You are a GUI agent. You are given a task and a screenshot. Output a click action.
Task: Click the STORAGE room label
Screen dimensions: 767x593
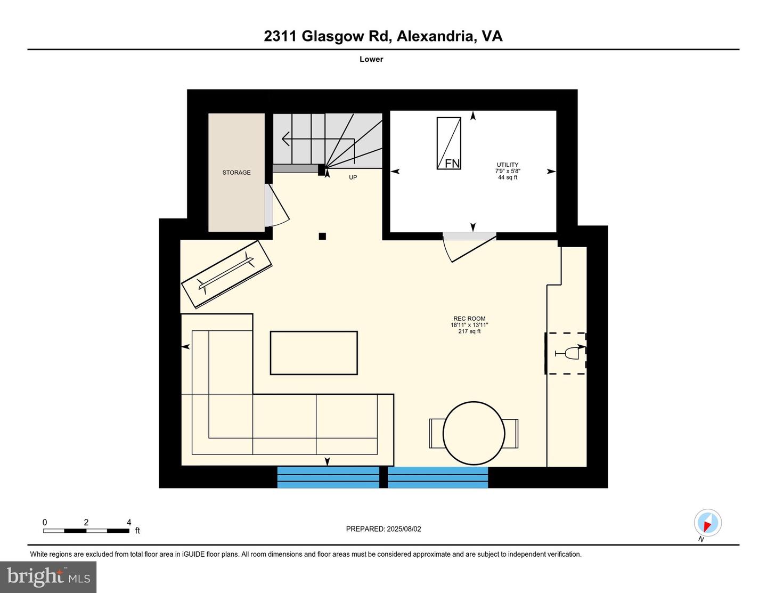click(x=236, y=172)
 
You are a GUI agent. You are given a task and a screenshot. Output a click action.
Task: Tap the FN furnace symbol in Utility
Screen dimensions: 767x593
click(x=448, y=143)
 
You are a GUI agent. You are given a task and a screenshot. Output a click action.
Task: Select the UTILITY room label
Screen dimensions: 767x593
click(x=507, y=165)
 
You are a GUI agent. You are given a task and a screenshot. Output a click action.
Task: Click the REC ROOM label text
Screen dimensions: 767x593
click(x=469, y=319)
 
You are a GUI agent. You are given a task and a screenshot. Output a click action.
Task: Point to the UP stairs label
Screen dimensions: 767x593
click(x=353, y=177)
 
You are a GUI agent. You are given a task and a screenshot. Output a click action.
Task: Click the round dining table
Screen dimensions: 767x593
click(x=474, y=433)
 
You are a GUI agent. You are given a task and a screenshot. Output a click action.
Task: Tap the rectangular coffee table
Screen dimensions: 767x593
click(x=314, y=353)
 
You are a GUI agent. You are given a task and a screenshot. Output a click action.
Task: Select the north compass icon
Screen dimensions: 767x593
click(x=708, y=523)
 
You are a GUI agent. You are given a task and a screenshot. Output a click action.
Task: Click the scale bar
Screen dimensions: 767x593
click(x=86, y=531)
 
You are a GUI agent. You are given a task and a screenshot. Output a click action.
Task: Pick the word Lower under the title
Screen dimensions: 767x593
click(x=371, y=59)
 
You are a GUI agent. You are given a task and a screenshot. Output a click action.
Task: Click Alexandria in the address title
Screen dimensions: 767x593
click(x=435, y=36)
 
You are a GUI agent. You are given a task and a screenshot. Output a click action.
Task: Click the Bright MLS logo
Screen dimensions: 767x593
click(x=48, y=577)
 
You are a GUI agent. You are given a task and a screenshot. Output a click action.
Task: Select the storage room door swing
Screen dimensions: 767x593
click(x=278, y=205)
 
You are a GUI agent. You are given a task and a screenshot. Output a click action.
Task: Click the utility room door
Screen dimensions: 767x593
click(x=470, y=247)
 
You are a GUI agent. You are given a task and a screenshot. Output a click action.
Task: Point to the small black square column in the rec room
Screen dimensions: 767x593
click(x=322, y=236)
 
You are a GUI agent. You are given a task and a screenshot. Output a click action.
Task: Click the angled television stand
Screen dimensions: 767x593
click(x=226, y=274)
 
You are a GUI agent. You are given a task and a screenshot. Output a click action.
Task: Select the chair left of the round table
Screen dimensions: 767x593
click(x=436, y=434)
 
